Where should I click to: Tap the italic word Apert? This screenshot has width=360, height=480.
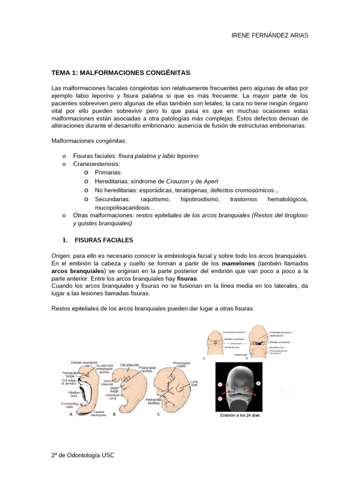(x=211, y=181)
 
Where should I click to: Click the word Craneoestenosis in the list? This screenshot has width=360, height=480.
(x=97, y=164)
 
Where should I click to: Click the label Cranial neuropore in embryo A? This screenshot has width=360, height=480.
(x=84, y=362)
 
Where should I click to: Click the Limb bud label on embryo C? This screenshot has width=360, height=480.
(x=194, y=384)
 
